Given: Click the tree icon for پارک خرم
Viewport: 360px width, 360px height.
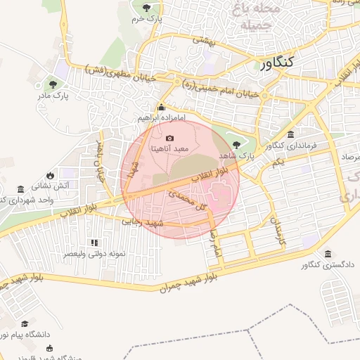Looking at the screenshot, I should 146,8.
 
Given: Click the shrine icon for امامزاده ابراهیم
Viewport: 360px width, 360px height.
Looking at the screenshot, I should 162,108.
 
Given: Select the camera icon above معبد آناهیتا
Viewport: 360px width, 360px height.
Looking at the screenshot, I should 169,137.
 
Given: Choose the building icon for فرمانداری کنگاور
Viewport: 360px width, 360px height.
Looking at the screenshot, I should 291,134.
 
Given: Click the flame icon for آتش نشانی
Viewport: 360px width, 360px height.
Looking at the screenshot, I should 51,175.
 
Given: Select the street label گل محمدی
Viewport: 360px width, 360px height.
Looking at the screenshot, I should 183,199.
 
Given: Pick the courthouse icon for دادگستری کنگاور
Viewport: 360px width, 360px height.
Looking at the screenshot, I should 328,254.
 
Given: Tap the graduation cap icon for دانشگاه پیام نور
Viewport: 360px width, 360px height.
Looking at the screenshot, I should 25,324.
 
